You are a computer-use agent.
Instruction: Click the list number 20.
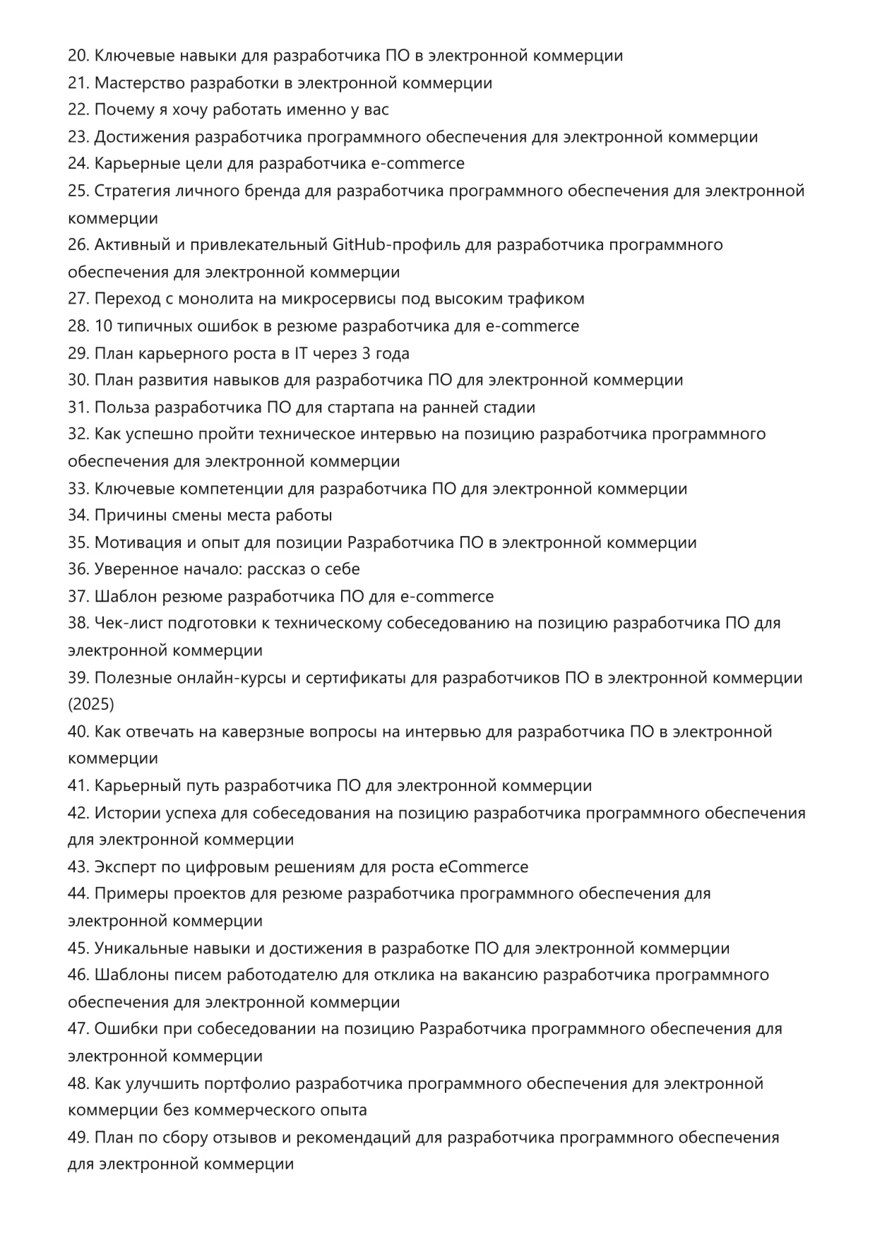(x=78, y=56)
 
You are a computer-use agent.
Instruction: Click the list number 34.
(x=78, y=516)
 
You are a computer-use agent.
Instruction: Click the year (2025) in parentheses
(x=91, y=704)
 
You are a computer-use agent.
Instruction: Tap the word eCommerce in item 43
(x=483, y=867)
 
